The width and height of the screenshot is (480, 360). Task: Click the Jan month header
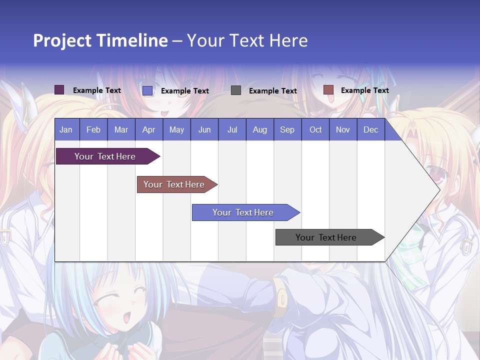click(66, 129)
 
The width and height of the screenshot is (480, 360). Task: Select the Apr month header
click(148, 129)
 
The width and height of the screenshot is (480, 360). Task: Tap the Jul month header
click(232, 129)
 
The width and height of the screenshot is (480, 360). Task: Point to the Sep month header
click(287, 129)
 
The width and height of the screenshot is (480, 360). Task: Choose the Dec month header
click(370, 129)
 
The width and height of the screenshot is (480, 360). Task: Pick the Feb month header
click(93, 129)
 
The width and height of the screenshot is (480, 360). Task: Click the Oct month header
click(315, 129)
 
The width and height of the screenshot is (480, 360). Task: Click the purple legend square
click(59, 90)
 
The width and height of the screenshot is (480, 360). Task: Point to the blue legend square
click(147, 90)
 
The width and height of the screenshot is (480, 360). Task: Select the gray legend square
click(236, 90)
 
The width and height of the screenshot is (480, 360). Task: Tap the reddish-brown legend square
click(328, 90)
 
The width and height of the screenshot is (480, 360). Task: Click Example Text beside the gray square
click(272, 91)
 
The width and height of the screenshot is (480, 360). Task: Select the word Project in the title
click(62, 40)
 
